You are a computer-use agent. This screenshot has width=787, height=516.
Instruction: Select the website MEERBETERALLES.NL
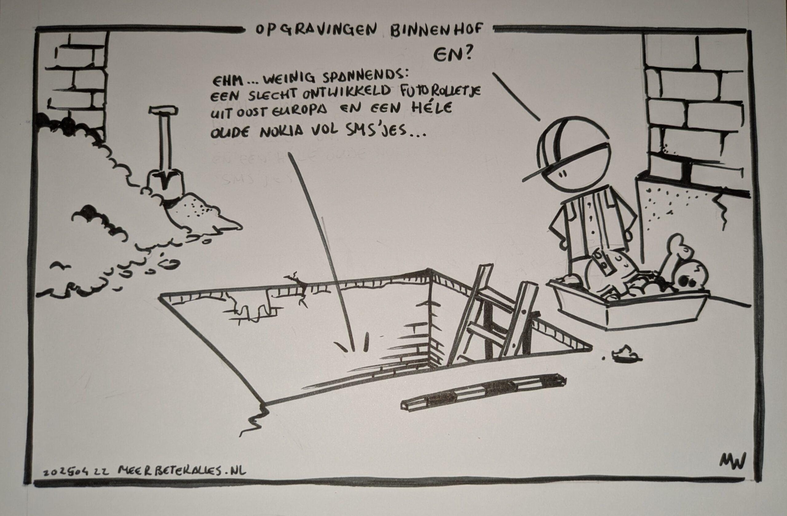click(x=182, y=471)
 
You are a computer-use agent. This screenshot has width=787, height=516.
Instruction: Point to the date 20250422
click(x=76, y=472)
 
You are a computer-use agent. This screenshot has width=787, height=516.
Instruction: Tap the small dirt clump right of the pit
click(x=625, y=353)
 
